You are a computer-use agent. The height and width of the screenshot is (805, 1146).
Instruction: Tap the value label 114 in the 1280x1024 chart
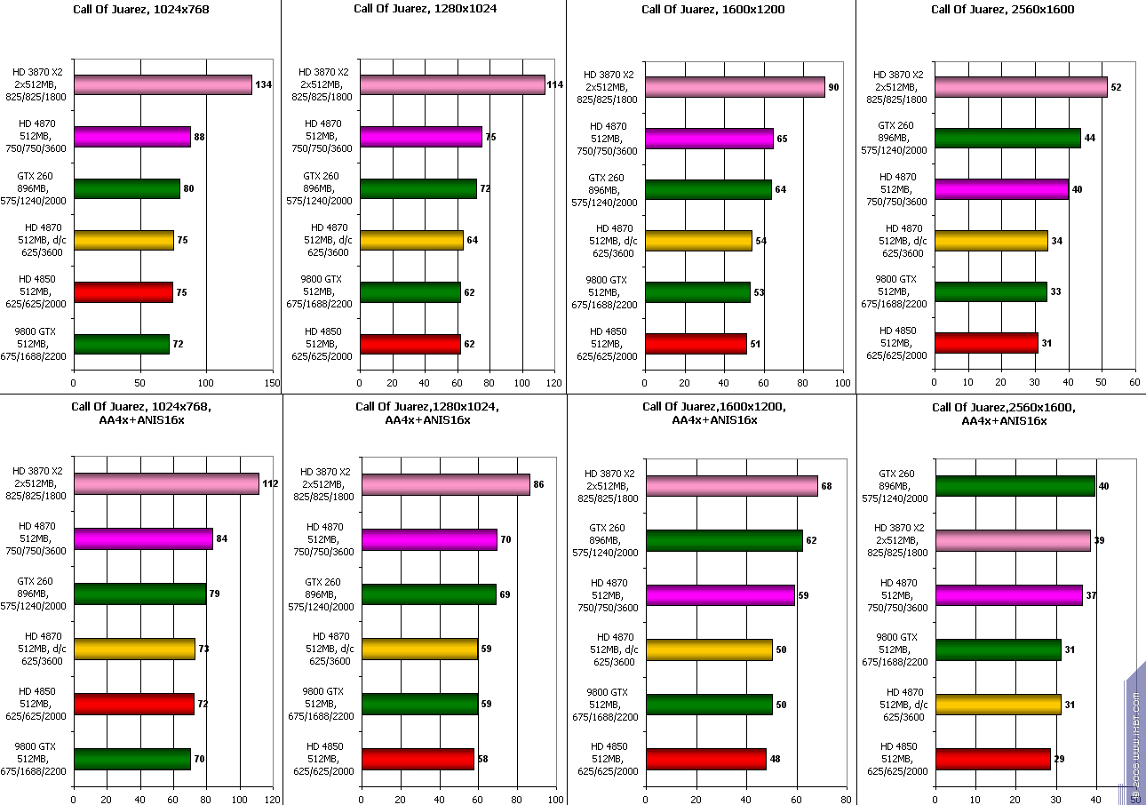[556, 85]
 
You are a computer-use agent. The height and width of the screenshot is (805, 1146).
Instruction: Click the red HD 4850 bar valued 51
[696, 344]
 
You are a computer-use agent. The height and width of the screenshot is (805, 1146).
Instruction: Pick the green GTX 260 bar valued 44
[1007, 139]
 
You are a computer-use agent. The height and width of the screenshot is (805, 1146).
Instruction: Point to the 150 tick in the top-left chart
[273, 383]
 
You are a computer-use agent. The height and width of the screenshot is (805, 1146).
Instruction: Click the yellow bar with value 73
[134, 650]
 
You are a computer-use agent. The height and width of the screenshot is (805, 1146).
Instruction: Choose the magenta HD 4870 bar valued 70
[429, 539]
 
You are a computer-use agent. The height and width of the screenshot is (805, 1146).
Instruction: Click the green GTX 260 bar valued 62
[724, 540]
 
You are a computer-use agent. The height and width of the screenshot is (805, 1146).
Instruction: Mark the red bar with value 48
[705, 760]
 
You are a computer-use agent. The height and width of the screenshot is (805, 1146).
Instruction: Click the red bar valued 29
[993, 760]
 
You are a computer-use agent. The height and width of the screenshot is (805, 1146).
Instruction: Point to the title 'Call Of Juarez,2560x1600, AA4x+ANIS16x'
[1004, 413]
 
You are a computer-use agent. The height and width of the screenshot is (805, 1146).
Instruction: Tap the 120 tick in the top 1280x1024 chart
[554, 383]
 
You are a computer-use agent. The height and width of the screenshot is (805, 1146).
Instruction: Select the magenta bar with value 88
[132, 137]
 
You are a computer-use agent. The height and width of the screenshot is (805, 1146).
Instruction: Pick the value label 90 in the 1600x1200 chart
[833, 87]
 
